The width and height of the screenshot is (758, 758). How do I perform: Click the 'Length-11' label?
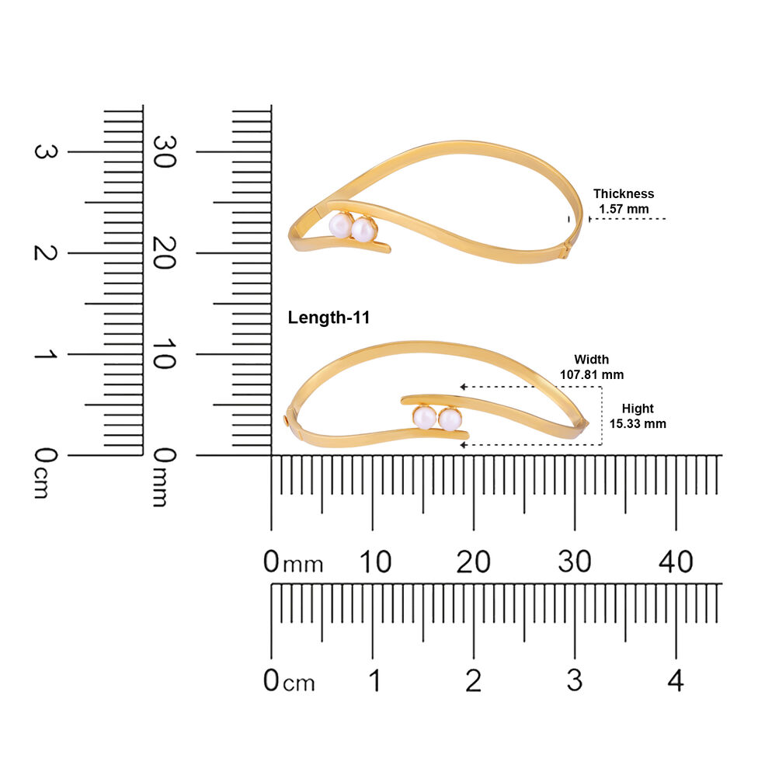(x=329, y=318)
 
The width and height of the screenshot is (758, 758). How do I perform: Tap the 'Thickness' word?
(x=624, y=194)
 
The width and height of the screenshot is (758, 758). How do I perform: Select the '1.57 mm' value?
(x=624, y=210)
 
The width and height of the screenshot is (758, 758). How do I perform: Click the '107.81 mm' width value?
(x=592, y=374)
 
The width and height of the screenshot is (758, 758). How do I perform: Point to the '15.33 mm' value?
(x=638, y=424)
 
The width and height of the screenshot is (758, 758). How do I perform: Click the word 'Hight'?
(x=638, y=409)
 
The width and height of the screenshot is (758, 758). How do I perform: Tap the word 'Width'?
(x=591, y=360)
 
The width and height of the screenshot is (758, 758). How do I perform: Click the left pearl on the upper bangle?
(x=341, y=225)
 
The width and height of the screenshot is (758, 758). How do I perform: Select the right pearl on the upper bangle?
(x=363, y=229)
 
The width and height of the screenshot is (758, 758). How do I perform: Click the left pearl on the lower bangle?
(x=425, y=417)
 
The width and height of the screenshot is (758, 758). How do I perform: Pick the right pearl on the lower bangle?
(x=450, y=419)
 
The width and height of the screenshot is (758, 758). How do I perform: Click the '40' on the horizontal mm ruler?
(x=676, y=562)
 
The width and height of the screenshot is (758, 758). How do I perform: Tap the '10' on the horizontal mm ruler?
(x=375, y=562)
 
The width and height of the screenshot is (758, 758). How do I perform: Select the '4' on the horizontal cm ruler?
(x=676, y=680)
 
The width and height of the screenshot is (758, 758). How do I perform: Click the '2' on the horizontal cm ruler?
(x=473, y=680)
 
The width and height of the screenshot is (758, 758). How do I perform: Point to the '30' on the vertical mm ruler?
(x=164, y=151)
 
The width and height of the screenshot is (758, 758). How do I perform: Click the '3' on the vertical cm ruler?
(x=46, y=151)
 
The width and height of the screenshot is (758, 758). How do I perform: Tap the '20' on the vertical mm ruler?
(x=164, y=253)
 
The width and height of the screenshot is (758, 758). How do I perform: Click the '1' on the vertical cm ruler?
(x=46, y=354)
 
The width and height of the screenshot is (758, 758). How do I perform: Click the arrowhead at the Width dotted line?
(x=463, y=387)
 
